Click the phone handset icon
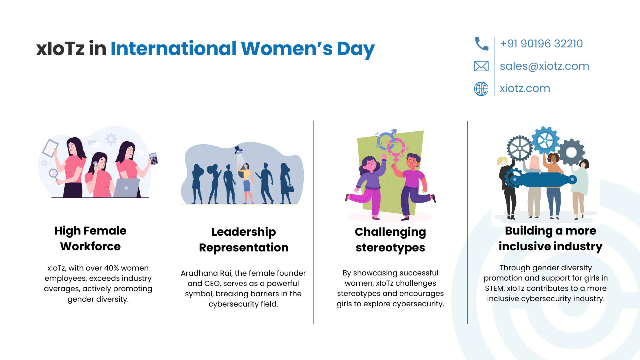pyautogui.click(x=481, y=44)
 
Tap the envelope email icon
pyautogui.click(x=481, y=66)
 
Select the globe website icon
pyautogui.click(x=481, y=89)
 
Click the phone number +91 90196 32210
pyautogui.click(x=541, y=44)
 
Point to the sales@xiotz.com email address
pyautogui.click(x=544, y=66)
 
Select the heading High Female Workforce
pyautogui.click(x=90, y=238)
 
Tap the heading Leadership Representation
pyautogui.click(x=244, y=240)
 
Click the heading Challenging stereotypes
pyautogui.click(x=390, y=240)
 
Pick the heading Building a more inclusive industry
pyautogui.click(x=551, y=238)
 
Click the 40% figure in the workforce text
pyautogui.click(x=111, y=268)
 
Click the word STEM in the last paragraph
pyautogui.click(x=494, y=288)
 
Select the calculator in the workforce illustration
pyautogui.click(x=154, y=159)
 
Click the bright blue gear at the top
pyautogui.click(x=545, y=140)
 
